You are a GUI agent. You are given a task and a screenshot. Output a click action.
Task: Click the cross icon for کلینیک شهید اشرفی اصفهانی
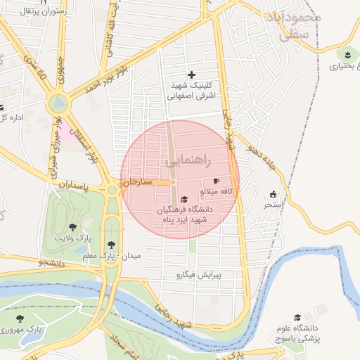[x=191, y=75]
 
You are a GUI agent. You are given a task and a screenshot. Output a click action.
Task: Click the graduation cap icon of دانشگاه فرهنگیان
[x=185, y=199]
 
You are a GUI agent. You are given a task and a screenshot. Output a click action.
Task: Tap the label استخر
[x=273, y=205]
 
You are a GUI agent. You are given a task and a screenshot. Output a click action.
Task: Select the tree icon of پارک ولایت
[x=72, y=227]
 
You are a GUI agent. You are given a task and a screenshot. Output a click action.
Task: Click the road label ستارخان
[x=139, y=182]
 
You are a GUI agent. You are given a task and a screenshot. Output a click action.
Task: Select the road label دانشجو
[x=52, y=263]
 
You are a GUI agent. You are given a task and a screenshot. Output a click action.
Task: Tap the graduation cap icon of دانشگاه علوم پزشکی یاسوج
[x=297, y=318]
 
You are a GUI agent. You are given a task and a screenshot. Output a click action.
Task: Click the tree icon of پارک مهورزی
[x=20, y=319]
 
